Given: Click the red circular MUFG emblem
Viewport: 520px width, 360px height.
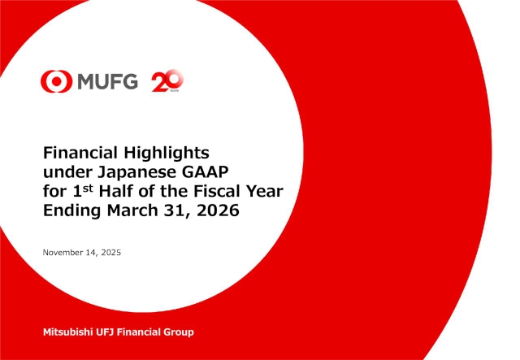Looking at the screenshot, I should [x=55, y=80].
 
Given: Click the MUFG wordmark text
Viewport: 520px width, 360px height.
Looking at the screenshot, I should [x=107, y=80].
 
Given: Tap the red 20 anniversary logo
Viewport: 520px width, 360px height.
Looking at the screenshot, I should [x=168, y=80].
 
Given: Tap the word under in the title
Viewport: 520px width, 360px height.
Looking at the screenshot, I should [x=64, y=171].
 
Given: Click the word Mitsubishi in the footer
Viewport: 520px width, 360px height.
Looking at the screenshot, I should [x=68, y=332].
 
